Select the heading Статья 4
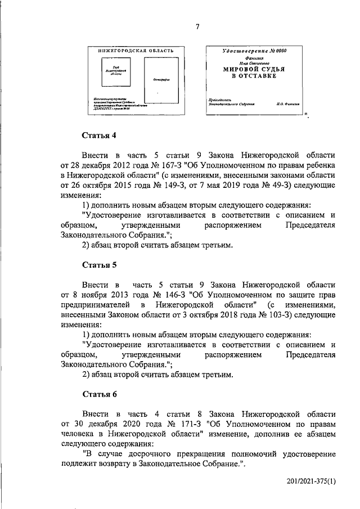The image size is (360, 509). [100, 135]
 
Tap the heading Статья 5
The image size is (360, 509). [100, 264]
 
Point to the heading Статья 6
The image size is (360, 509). [100, 394]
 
